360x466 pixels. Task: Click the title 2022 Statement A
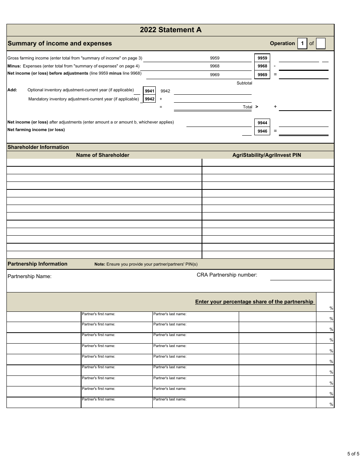point(171,30)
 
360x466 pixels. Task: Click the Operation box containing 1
point(302,44)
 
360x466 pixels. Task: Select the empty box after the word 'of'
point(321,44)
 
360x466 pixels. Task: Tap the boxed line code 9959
point(262,58)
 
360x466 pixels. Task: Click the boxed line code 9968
point(262,66)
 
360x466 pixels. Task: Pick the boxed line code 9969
point(262,75)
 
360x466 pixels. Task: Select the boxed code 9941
point(150,91)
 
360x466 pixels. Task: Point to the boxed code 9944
point(262,123)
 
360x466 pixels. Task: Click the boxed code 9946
point(262,131)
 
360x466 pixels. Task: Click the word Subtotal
point(244,83)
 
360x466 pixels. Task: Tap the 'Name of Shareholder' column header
point(103,155)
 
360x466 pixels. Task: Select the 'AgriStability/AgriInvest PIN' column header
point(266,155)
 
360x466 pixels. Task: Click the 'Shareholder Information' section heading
point(38,147)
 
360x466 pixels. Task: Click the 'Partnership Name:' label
point(30,276)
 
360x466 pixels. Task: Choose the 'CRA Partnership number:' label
point(227,275)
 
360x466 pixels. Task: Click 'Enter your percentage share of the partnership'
point(254,302)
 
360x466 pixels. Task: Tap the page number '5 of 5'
point(353,453)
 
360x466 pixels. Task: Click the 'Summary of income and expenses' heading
point(59,43)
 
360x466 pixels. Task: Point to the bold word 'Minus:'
point(14,66)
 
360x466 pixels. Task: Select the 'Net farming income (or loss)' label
point(36,130)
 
